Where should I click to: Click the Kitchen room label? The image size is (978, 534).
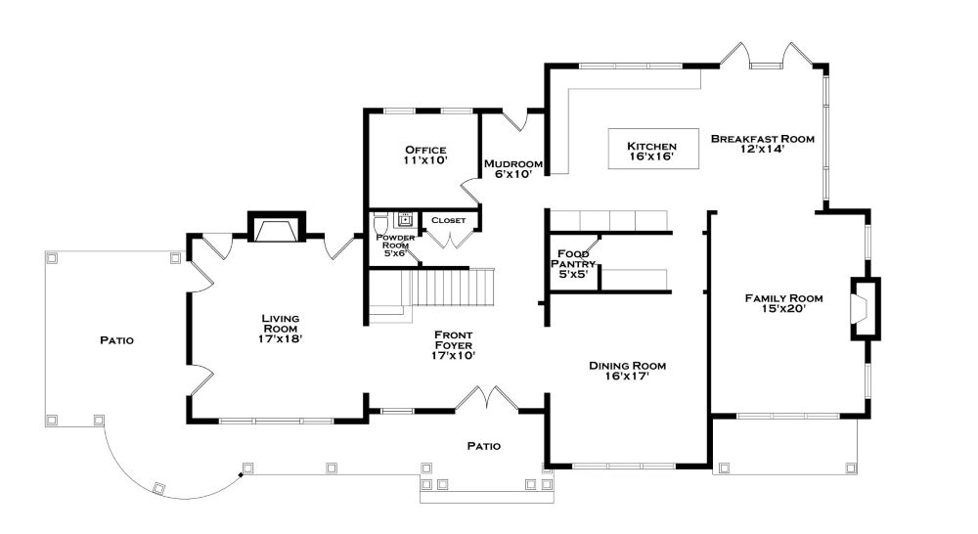click(x=651, y=146)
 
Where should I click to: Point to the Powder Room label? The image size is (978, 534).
click(x=396, y=245)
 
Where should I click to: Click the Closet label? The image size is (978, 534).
click(x=448, y=220)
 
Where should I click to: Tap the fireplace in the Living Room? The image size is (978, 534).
click(x=277, y=229)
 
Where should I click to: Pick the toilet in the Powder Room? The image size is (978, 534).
click(x=380, y=225)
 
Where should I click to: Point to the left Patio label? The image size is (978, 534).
click(x=116, y=340)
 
